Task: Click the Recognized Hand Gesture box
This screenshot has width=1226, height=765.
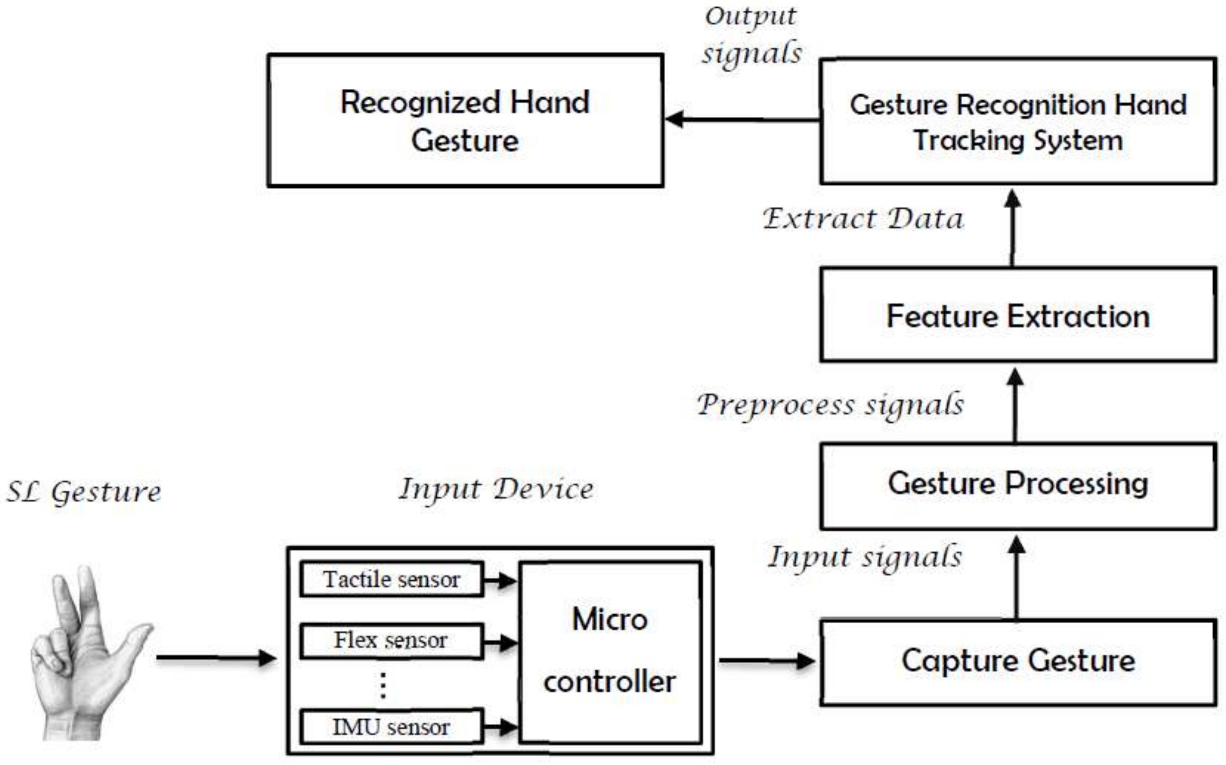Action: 465,120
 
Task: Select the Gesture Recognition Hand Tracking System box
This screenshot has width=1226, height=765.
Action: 1018,121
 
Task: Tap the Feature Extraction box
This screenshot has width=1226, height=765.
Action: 1018,315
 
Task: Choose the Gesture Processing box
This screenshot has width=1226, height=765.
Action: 1018,485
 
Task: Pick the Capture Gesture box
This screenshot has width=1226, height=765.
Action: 1018,662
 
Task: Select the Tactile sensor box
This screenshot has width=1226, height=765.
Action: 391,579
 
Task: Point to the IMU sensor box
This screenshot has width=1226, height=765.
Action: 391,727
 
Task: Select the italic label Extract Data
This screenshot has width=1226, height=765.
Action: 863,219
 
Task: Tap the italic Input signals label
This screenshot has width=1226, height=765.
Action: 865,557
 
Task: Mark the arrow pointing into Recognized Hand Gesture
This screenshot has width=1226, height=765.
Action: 741,120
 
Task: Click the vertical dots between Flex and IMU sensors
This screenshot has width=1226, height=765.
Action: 383,686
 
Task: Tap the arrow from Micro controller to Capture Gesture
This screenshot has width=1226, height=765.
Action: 767,660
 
